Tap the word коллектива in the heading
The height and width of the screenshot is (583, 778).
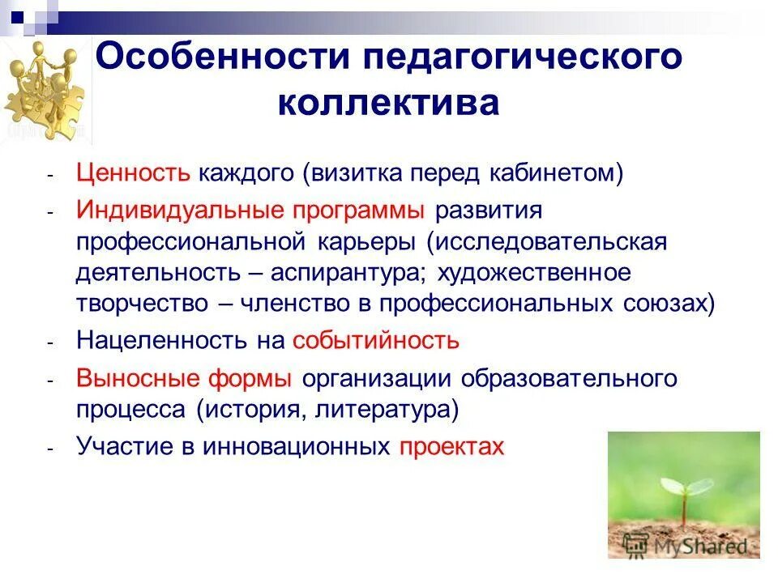(388, 104)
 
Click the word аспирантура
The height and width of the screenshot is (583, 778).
(346, 273)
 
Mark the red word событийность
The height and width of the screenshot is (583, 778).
(376, 340)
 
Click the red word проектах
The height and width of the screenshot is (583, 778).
(451, 446)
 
